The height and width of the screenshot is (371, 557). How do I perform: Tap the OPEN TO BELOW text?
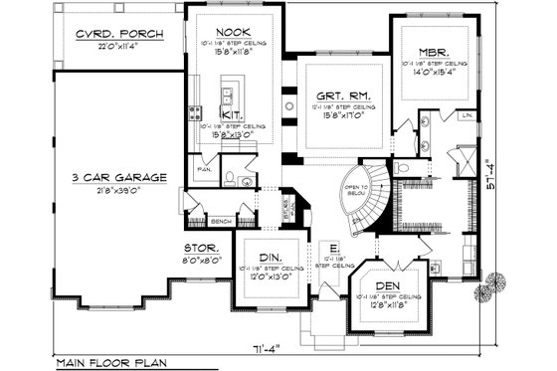[x=356, y=193]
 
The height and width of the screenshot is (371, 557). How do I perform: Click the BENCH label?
[x=222, y=222]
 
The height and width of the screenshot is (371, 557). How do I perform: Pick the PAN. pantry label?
[x=206, y=170]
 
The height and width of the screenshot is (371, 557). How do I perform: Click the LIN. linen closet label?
[x=465, y=116]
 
